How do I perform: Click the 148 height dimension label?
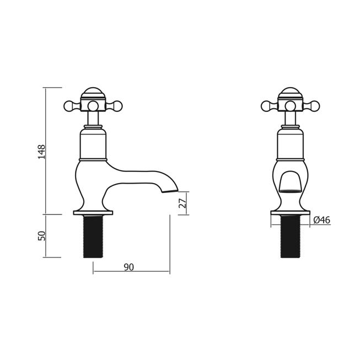tap(41, 151)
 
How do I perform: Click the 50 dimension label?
tap(41, 235)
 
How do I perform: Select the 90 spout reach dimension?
tap(128, 267)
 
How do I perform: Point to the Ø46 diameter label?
tap(321, 220)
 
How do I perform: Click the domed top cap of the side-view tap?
tap(93, 93)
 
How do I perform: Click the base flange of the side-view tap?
tap(93, 211)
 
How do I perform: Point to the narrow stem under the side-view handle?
tap(93, 119)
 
